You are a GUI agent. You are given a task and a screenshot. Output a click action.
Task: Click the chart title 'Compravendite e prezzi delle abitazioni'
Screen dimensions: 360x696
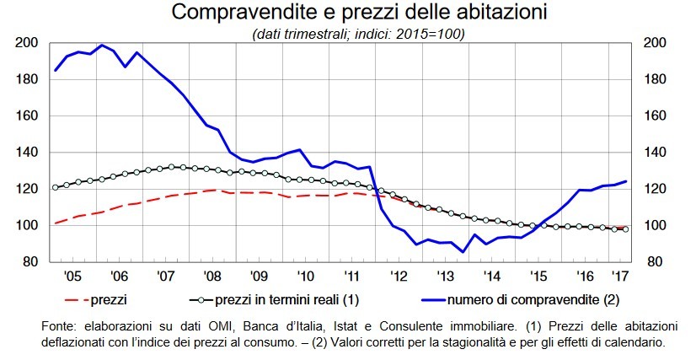tap(348, 13)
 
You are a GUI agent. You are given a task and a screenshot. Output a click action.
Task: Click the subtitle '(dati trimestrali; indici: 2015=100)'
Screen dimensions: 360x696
tap(348, 34)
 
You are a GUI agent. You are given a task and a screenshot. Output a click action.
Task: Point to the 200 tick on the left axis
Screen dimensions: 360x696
tap(26, 43)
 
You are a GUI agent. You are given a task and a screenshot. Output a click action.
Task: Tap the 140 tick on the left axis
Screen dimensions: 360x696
tap(26, 153)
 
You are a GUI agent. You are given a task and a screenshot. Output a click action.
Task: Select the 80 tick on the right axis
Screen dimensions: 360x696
tap(656, 262)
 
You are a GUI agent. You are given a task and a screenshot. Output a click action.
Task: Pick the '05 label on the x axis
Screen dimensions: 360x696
tap(72, 276)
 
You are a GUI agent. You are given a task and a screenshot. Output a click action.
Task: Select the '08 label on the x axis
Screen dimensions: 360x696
tap(211, 276)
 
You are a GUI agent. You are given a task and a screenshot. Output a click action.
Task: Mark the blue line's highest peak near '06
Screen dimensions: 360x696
tap(101, 46)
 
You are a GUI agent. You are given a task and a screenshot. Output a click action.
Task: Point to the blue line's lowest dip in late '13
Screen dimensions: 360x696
tap(463, 251)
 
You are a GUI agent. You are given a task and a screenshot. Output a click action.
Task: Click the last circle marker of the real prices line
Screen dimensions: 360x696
tap(625, 229)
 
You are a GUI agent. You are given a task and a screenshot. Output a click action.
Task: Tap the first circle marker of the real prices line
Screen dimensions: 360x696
tap(56, 187)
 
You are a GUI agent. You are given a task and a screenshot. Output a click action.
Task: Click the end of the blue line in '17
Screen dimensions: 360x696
tap(626, 181)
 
